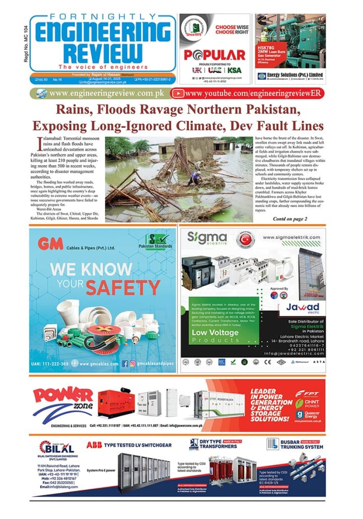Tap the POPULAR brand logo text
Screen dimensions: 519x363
214,55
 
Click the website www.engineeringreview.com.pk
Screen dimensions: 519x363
106,93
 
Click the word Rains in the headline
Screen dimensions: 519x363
74,109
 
